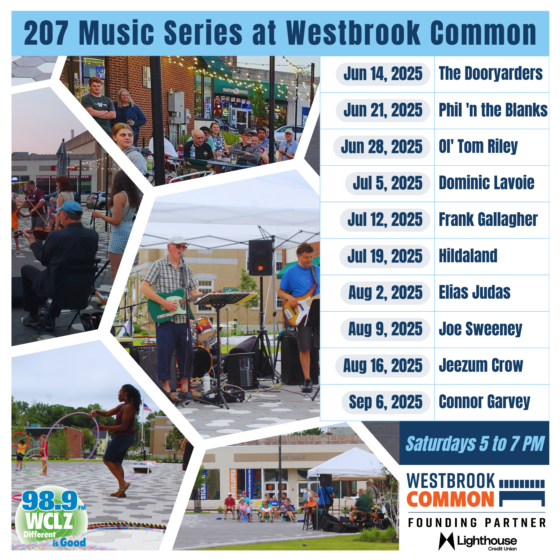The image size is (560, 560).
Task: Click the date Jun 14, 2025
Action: pyautogui.click(x=383, y=74)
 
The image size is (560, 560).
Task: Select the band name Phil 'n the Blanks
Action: pyautogui.click(x=493, y=110)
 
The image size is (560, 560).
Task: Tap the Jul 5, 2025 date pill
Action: pyautogui.click(x=387, y=183)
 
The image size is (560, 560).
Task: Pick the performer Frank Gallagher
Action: pyautogui.click(x=488, y=220)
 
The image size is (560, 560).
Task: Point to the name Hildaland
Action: pyautogui.click(x=468, y=256)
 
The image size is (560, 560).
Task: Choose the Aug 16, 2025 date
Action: pyautogui.click(x=383, y=366)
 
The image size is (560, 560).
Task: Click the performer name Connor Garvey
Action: pyautogui.click(x=484, y=402)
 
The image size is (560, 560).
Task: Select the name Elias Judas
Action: pyautogui.click(x=474, y=292)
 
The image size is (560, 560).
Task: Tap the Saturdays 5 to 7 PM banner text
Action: pyautogui.click(x=475, y=444)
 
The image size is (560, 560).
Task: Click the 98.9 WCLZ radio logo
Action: pyautogui.click(x=51, y=519)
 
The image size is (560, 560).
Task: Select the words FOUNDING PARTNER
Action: pyautogui.click(x=477, y=523)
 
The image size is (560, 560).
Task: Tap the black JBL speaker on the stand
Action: pyautogui.click(x=261, y=258)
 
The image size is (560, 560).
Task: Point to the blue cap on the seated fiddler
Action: pyautogui.click(x=70, y=208)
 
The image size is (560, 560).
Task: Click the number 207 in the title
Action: pyautogui.click(x=46, y=33)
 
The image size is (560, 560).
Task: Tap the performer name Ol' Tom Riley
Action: pyautogui.click(x=478, y=147)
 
